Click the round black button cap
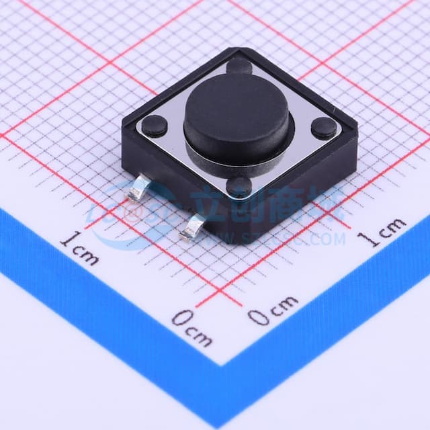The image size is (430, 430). pos(236,117)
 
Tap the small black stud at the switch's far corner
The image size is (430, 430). pos(239,66)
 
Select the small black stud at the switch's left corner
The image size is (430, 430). pos(155,125)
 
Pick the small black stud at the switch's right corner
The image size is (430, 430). pos(324,128)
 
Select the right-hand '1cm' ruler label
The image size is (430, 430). pos(381,232)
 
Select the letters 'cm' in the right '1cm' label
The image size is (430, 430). pos(390,228)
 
